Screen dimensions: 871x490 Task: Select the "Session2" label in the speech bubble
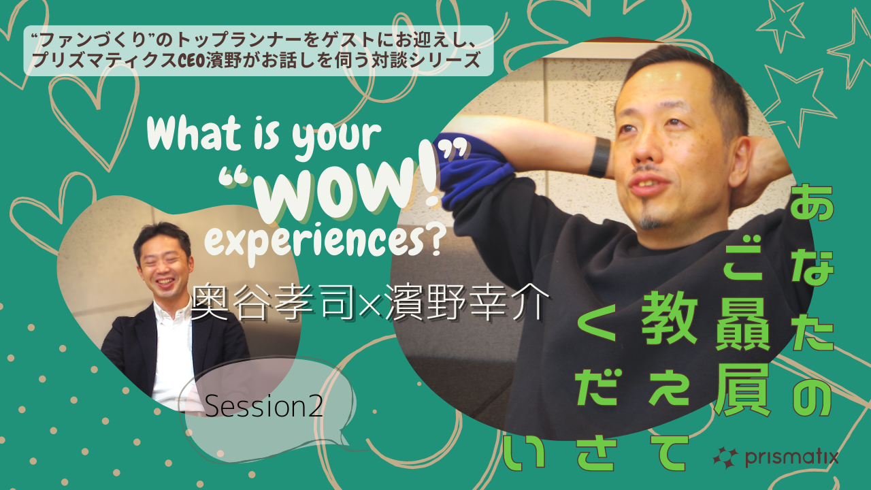[263, 406]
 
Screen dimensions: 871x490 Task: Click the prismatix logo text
[792, 458]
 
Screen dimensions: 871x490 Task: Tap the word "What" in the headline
[194, 134]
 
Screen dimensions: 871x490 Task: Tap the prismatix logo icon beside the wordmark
[725, 458]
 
